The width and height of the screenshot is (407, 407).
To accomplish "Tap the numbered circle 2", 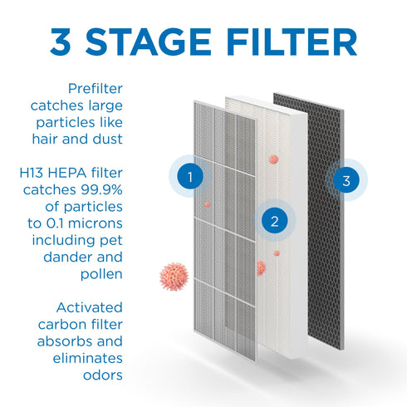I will click(273, 221).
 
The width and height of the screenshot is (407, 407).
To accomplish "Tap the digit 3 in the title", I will click(65, 42).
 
